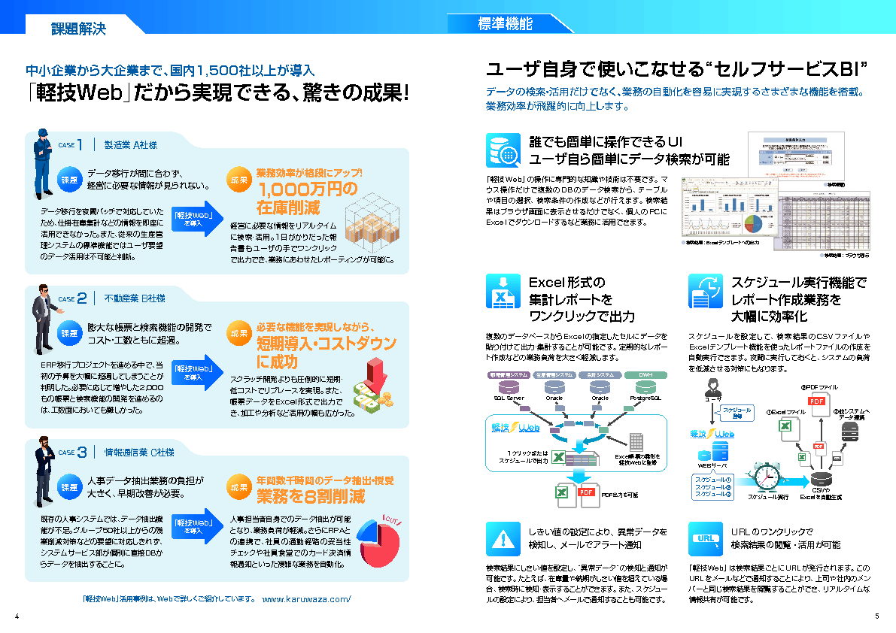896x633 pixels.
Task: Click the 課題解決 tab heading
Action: pos(78,29)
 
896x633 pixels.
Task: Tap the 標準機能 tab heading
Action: pos(505,24)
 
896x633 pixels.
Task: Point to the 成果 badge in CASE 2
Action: pos(239,333)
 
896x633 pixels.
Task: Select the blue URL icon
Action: pos(706,538)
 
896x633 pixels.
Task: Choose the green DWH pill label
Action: pos(645,374)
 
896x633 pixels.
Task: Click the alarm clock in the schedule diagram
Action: pos(768,477)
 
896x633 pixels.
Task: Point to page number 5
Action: pos(876,617)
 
